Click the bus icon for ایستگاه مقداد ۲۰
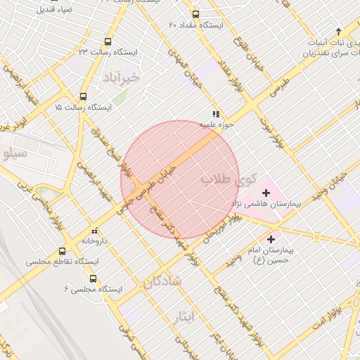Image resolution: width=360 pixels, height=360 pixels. coord(195,14)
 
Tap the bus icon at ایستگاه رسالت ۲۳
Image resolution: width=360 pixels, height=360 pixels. coord(108,42)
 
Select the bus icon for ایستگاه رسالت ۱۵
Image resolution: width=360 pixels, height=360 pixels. coord(84,97)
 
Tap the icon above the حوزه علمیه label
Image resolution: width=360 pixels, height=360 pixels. coord(216,114)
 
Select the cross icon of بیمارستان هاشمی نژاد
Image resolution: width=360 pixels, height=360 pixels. coord(266,193)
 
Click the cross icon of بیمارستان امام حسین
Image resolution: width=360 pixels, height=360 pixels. coord(271,240)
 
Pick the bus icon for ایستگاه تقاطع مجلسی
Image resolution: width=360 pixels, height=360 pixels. coord(63,251)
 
